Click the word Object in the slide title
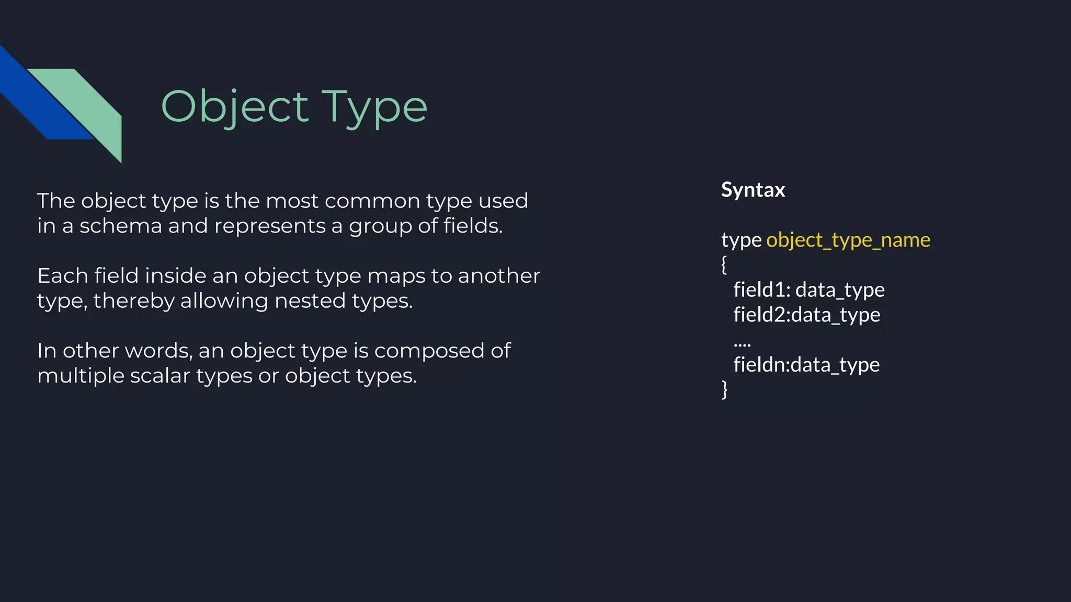(x=235, y=107)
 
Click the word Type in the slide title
(x=374, y=107)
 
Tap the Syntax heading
(x=753, y=190)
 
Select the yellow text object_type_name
(x=848, y=240)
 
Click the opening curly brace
(x=724, y=264)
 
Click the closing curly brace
(x=724, y=389)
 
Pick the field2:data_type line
(x=806, y=315)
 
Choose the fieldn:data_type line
(x=806, y=365)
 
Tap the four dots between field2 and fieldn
(x=742, y=344)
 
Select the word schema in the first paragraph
(x=121, y=226)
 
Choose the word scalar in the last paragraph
(x=160, y=376)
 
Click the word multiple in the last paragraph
(x=81, y=376)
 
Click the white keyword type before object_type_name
(x=741, y=240)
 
